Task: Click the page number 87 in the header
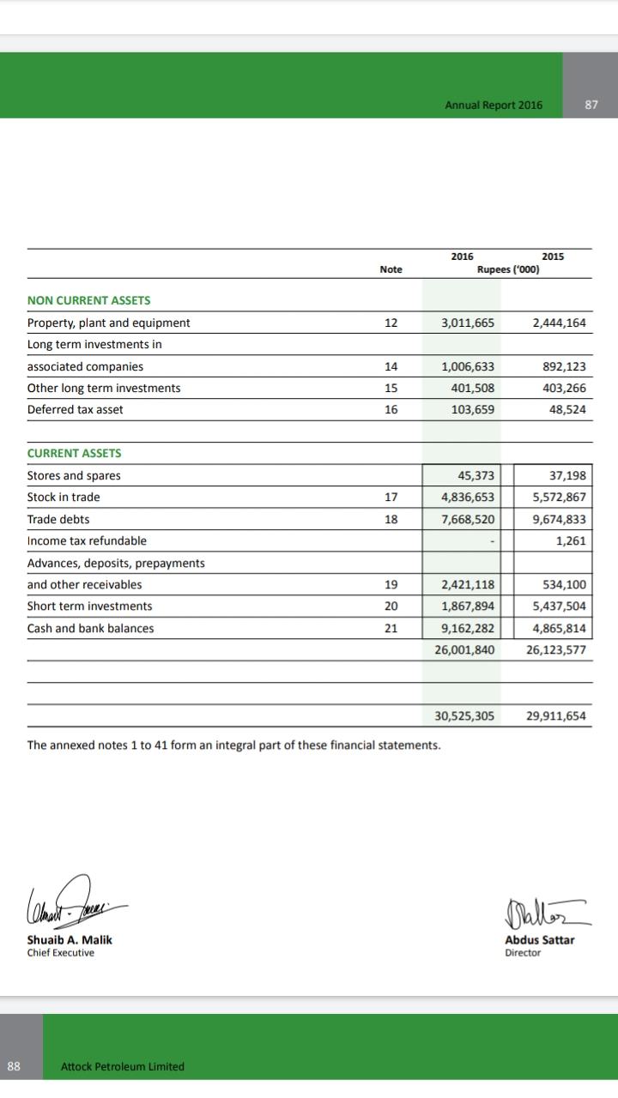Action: pos(591,105)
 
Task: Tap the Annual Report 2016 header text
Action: pos(494,105)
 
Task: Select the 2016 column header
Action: pos(462,256)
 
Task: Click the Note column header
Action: pos(391,269)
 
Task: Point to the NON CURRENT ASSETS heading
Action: pos(88,300)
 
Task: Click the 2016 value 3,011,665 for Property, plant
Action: pos(467,323)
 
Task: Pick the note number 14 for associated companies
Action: pos(391,366)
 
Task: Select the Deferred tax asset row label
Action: pos(76,409)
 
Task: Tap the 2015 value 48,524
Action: pos(567,409)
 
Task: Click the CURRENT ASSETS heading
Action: pos(75,453)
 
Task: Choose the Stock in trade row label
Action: pos(64,497)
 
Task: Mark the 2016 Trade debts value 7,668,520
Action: pos(467,519)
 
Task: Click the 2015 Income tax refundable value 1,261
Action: pos(571,540)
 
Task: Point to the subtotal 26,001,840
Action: pos(464,649)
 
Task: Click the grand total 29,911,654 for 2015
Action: pos(556,715)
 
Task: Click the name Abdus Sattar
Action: pos(540,939)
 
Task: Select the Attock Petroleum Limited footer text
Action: pos(123,1066)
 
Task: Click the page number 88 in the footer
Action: pos(13,1066)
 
